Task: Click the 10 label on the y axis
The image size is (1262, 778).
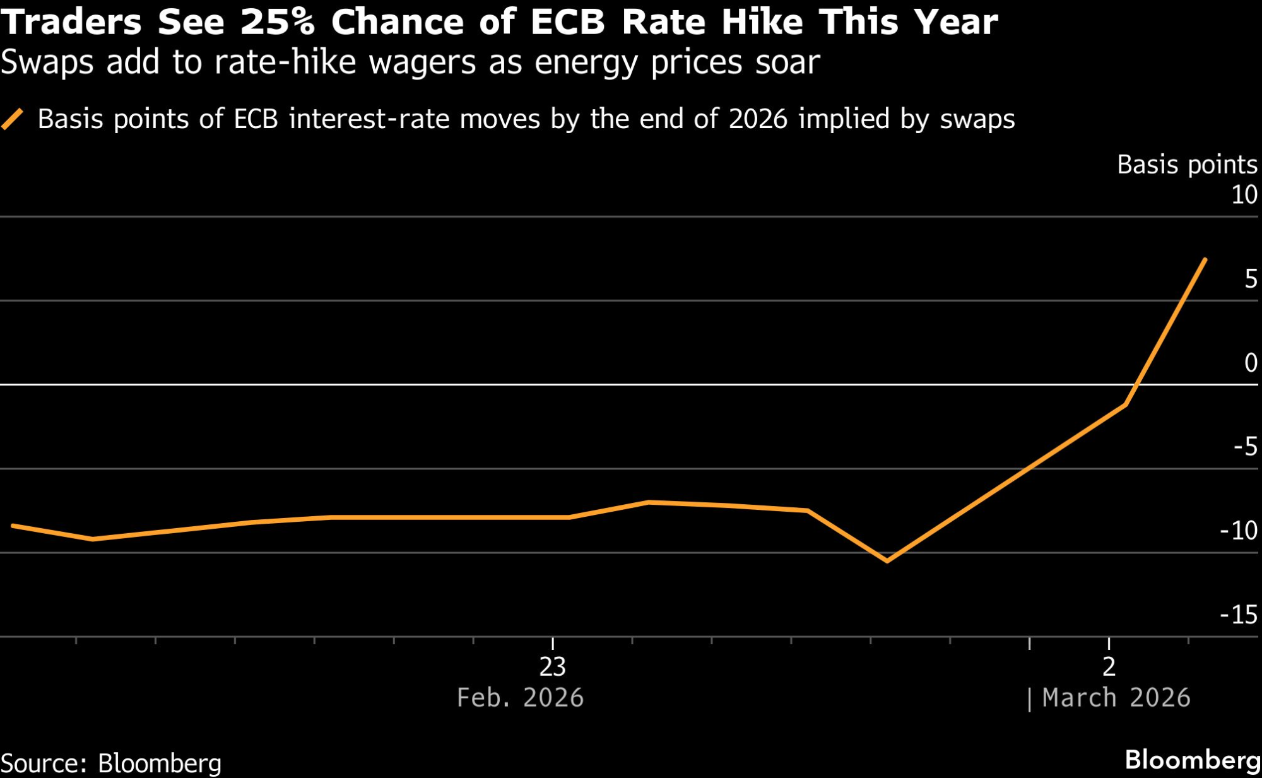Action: click(x=1244, y=194)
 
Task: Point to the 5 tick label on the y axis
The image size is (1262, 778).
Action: click(x=1251, y=279)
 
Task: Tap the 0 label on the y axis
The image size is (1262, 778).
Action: click(x=1251, y=363)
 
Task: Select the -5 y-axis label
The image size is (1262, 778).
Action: click(x=1246, y=447)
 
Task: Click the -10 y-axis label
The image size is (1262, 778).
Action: click(x=1239, y=531)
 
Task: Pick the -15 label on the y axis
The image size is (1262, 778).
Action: click(x=1239, y=615)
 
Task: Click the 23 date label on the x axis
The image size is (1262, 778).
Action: click(x=552, y=667)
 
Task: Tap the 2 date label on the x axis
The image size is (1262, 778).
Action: click(x=1109, y=667)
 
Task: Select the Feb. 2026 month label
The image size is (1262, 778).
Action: click(x=520, y=698)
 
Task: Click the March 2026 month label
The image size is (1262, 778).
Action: click(x=1116, y=698)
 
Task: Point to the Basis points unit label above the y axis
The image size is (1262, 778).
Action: click(x=1187, y=165)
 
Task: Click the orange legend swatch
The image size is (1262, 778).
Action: click(x=13, y=119)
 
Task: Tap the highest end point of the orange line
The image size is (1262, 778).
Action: click(x=1205, y=259)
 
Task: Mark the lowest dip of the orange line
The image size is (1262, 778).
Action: click(x=887, y=560)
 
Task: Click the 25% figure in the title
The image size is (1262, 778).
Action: click(x=277, y=22)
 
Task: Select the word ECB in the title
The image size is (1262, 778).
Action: click(x=567, y=22)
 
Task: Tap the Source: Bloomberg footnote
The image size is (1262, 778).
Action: click(x=111, y=763)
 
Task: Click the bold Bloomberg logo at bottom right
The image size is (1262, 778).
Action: click(x=1193, y=760)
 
